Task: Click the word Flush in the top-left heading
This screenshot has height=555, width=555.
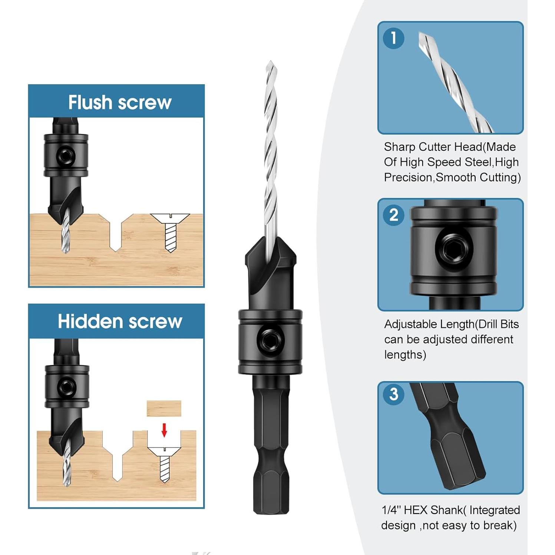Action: tap(90, 102)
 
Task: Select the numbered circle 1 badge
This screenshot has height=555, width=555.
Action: tap(393, 38)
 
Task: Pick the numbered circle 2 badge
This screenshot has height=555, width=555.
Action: tap(393, 215)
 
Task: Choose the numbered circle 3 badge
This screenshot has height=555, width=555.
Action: tap(393, 394)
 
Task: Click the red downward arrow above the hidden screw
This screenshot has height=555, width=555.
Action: tap(164, 430)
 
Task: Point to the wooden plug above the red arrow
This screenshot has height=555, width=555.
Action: tap(164, 408)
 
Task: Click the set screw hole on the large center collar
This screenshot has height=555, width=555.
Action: tap(271, 341)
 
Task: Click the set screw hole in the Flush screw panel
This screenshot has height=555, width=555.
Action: tap(66, 156)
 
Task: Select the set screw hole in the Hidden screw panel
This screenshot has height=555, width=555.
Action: tap(67, 387)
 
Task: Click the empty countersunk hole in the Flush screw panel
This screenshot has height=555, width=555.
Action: tap(116, 232)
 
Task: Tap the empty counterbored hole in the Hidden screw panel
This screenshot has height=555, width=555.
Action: tap(117, 456)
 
